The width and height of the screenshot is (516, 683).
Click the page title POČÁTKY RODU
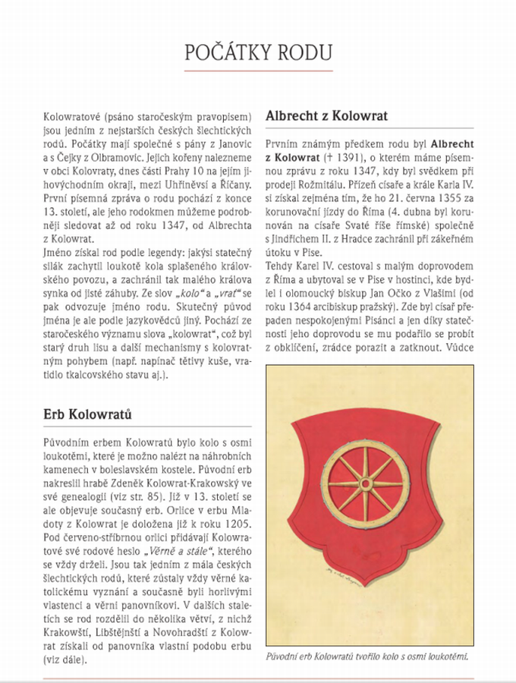coord(258,52)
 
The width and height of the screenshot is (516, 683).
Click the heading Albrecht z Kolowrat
coord(326,116)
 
